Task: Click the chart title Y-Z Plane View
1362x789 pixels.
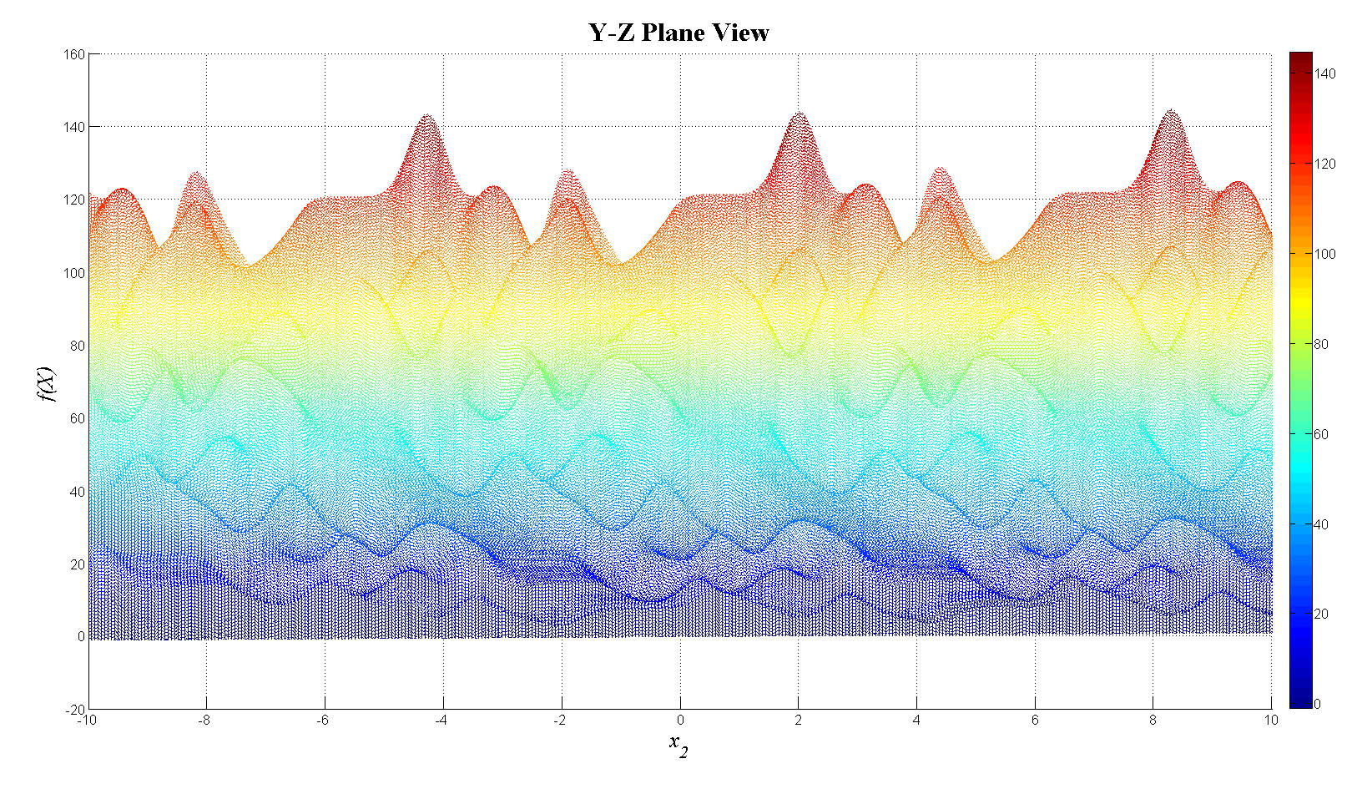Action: [678, 33]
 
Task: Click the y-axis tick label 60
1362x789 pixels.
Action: [76, 419]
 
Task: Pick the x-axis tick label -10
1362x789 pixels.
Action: [86, 721]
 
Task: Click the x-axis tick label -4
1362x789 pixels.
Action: [441, 721]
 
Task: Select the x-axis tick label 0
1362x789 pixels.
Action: [680, 721]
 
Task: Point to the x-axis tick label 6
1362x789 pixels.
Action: [1035, 721]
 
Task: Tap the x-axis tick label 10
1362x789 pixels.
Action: [1271, 721]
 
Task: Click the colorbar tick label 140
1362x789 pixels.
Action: [1325, 74]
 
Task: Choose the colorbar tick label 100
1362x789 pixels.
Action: [1325, 255]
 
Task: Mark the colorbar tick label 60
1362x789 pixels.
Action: [1322, 435]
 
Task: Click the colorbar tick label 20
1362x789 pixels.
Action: [1322, 615]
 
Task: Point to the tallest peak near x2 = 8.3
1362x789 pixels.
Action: [1172, 110]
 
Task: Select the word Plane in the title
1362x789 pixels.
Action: [671, 33]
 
